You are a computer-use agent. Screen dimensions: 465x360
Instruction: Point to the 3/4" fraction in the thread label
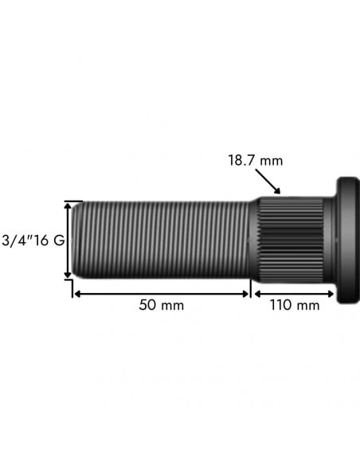pos(18,240)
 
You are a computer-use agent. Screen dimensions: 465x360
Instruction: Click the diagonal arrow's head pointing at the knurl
pos(278,191)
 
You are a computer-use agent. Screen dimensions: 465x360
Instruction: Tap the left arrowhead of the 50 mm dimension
pos(76,293)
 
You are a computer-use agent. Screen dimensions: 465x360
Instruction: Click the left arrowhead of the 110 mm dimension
pos(256,293)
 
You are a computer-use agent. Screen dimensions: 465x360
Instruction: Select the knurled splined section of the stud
pos(291,239)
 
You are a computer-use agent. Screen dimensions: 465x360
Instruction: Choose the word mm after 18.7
pos(272,161)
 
